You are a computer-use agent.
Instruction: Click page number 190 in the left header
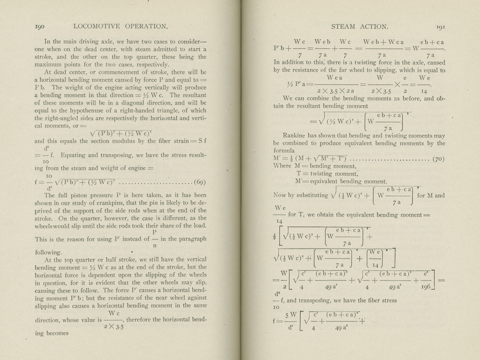pyautogui.click(x=40, y=26)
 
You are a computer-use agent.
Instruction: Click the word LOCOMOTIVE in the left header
pyautogui.click(x=97, y=26)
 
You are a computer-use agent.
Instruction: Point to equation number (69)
pyautogui.click(x=200, y=182)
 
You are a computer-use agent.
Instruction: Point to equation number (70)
pyautogui.click(x=438, y=159)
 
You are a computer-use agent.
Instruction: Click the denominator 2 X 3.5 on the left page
pyautogui.click(x=114, y=327)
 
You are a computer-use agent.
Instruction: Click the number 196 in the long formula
pyautogui.click(x=426, y=287)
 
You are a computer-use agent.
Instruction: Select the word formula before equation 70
pyautogui.click(x=284, y=151)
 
